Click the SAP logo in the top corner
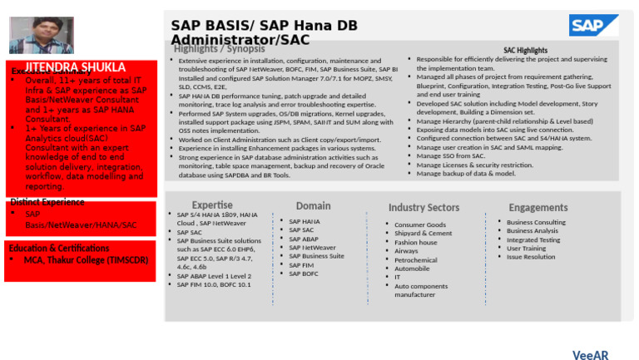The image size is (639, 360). [x=593, y=25]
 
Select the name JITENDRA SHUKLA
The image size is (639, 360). [x=75, y=67]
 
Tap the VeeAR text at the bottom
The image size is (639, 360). [x=590, y=355]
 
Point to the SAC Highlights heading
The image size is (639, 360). [x=525, y=51]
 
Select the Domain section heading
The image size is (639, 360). [x=313, y=205]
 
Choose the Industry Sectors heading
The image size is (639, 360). [x=424, y=207]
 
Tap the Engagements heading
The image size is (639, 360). [x=538, y=207]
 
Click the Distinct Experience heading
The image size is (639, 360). [x=47, y=202]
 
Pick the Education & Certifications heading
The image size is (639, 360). [x=58, y=248]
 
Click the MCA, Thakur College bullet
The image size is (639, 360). [x=87, y=260]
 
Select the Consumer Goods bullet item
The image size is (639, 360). [x=419, y=224]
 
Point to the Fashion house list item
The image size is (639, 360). [x=415, y=242]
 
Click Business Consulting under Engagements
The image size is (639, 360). [x=536, y=222]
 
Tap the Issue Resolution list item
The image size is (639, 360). [x=531, y=257]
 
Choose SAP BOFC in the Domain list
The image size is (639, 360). [x=304, y=274]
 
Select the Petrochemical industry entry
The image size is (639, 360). [x=415, y=259]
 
